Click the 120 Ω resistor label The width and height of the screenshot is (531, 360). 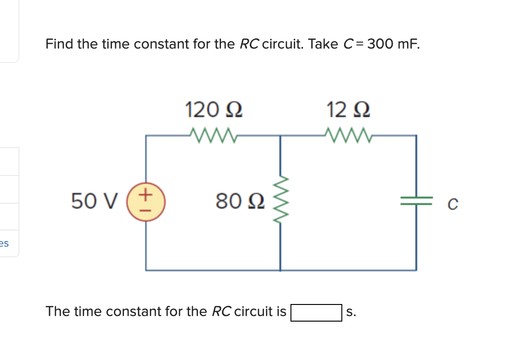click(x=214, y=110)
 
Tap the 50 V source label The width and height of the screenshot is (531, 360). click(x=94, y=202)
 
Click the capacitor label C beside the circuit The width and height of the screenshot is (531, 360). click(x=453, y=204)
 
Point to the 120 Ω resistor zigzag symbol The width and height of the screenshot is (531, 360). click(x=213, y=136)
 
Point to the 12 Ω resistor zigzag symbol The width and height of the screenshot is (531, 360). click(x=348, y=136)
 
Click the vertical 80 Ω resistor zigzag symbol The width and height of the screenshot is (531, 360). click(x=281, y=202)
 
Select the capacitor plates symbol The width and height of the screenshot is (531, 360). click(x=416, y=201)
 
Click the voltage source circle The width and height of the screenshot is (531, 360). click(x=147, y=202)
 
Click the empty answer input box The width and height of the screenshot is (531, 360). click(x=316, y=312)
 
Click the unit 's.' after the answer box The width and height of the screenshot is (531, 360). click(x=351, y=312)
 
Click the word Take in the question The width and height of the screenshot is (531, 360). click(x=323, y=44)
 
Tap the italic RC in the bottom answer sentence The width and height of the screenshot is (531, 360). click(x=222, y=311)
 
